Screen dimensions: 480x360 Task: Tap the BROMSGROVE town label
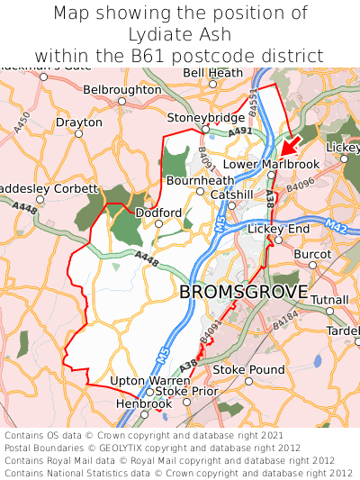(243, 293)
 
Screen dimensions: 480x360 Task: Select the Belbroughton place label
(121, 90)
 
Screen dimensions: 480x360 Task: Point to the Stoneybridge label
(206, 117)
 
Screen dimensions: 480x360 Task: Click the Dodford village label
(157, 213)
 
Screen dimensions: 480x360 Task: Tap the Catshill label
(231, 195)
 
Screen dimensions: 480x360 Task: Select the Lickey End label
(278, 230)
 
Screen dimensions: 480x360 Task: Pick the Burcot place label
(312, 255)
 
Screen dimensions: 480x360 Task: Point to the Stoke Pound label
(247, 369)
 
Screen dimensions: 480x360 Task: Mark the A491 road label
(240, 132)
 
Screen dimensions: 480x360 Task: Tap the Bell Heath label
(213, 72)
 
